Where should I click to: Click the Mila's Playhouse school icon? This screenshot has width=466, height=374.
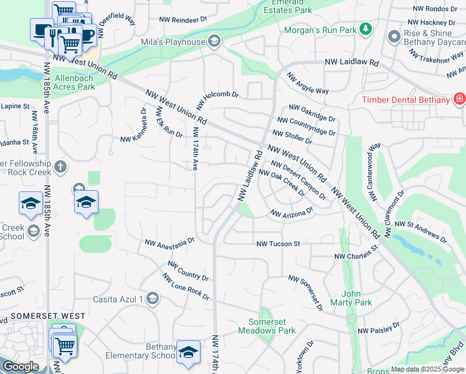(x=214, y=42)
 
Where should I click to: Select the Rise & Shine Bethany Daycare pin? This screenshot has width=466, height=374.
(x=393, y=37)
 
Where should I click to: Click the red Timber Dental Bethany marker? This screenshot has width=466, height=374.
(x=459, y=100)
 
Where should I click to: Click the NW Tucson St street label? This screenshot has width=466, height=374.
(x=278, y=244)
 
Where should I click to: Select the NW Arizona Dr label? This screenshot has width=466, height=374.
(x=291, y=214)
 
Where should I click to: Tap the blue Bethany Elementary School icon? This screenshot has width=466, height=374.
(x=188, y=352)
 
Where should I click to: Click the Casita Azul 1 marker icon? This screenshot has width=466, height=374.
(x=153, y=299)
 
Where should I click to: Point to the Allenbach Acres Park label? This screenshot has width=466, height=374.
(x=75, y=82)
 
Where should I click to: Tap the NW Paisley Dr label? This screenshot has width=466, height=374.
(x=379, y=328)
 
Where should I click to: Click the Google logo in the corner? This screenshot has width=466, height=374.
(x=21, y=367)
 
